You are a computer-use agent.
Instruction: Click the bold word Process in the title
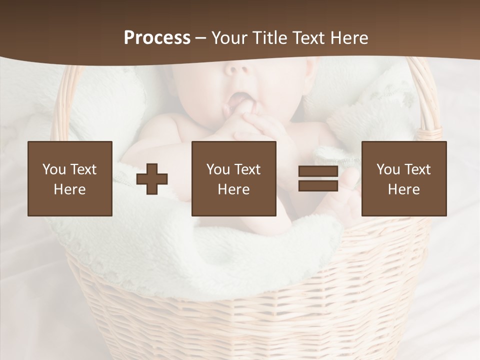157,38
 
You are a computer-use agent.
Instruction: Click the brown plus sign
152,179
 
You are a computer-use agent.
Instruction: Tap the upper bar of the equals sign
318,171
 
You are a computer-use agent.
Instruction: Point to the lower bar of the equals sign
318,186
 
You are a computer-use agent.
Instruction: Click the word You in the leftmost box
54,169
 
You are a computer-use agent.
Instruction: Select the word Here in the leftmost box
69,189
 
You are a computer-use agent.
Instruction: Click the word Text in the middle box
247,169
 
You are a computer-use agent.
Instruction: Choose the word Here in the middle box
233,189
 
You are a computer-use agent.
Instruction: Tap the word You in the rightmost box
388,169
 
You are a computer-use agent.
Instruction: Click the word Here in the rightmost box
403,189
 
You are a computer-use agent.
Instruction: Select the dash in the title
201,38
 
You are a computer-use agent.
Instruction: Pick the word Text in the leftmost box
83,169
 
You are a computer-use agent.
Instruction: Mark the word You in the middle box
218,169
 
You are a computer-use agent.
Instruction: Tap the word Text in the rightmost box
417,169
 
